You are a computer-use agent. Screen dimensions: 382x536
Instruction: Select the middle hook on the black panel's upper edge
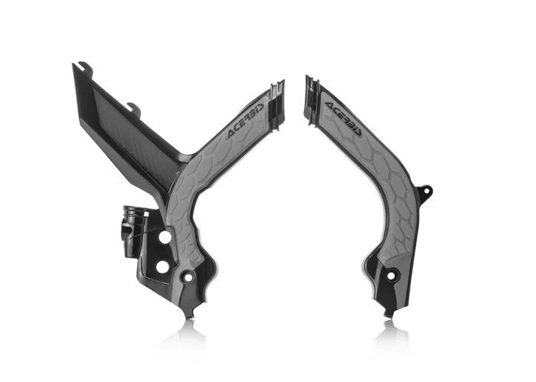(133, 108)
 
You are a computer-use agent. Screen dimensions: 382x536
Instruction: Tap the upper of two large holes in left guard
(164, 238)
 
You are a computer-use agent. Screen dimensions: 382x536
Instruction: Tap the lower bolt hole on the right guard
(393, 276)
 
